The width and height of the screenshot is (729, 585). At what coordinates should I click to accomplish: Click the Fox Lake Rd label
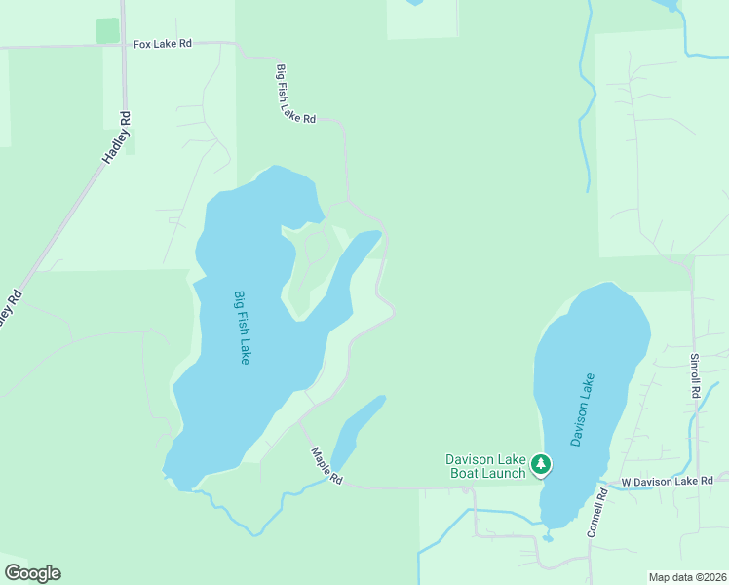[x=163, y=45]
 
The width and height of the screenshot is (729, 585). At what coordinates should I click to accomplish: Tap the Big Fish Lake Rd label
[x=296, y=95]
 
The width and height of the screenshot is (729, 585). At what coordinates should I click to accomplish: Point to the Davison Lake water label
[x=583, y=409]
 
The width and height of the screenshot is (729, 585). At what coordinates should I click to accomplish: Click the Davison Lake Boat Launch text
[x=485, y=466]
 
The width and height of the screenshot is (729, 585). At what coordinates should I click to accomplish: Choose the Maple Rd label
[x=327, y=466]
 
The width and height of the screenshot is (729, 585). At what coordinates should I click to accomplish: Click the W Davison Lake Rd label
[x=668, y=482]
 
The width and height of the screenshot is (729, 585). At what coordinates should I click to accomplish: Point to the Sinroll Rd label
[x=696, y=375]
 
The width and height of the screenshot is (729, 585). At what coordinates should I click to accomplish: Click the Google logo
[x=32, y=573]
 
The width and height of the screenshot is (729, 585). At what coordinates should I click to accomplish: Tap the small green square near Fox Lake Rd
[x=107, y=30]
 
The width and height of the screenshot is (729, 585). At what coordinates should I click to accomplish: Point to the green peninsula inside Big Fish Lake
[x=310, y=263]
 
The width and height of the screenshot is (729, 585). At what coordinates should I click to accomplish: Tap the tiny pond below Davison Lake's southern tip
[x=548, y=536]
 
